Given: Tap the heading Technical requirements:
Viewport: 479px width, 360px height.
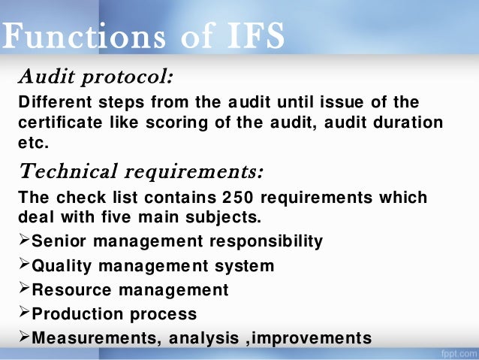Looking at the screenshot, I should click(x=140, y=172).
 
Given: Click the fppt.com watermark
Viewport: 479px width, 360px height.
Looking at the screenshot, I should click(x=456, y=352).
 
